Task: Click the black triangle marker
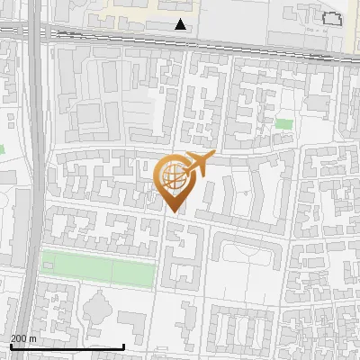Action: tap(181, 24)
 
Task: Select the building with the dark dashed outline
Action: tap(333, 20)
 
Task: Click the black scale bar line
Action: tap(67, 346)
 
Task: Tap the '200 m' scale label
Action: tap(23, 338)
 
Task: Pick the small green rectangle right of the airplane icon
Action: tap(284, 123)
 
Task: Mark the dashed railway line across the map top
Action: tap(180, 41)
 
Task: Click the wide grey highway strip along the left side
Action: tap(32, 180)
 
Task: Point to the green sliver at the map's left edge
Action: tap(2, 148)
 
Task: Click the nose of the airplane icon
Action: tap(212, 157)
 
